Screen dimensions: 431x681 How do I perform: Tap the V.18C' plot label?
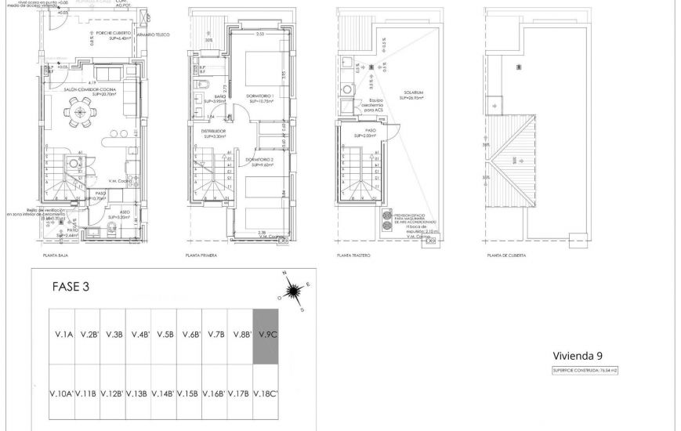pos(266,393)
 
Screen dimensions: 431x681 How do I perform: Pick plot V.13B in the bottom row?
pos(138,393)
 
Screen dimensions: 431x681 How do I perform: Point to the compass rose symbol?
pos(295,292)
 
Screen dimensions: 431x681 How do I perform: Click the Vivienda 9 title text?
pos(578,355)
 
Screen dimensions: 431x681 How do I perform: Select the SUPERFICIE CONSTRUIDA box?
pos(581,370)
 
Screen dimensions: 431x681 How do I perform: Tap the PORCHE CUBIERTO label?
pos(92,33)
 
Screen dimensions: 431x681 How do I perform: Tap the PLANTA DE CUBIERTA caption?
pos(505,255)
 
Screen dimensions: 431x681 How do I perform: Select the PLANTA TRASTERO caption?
pos(353,255)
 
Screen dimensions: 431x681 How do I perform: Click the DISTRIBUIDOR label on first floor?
pos(213,131)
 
